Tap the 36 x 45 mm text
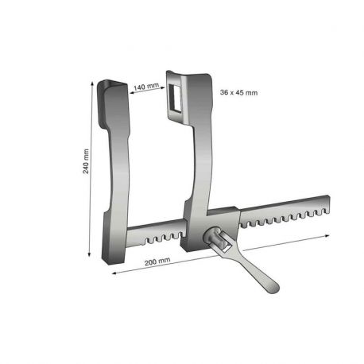(x=238, y=92)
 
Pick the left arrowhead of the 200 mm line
(x=114, y=272)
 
